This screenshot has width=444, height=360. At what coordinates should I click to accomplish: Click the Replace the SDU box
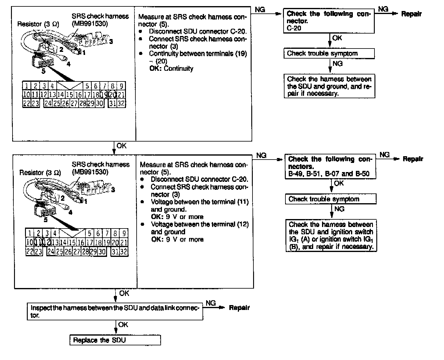click(115, 340)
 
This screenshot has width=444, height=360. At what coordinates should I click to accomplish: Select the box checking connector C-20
click(329, 21)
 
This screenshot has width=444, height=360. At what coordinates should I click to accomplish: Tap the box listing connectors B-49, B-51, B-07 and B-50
click(330, 167)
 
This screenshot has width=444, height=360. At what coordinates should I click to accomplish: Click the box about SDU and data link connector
click(115, 311)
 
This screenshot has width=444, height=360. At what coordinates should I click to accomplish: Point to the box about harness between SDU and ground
click(329, 86)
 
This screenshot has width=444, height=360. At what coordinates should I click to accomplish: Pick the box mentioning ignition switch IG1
click(331, 235)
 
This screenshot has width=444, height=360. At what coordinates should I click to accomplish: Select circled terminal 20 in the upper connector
click(113, 94)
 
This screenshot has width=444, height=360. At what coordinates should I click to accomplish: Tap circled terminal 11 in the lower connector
click(38, 243)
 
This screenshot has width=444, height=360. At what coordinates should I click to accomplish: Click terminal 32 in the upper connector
click(121, 103)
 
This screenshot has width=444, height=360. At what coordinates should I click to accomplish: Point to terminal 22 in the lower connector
click(30, 252)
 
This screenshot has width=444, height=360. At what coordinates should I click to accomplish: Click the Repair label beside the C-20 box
click(411, 14)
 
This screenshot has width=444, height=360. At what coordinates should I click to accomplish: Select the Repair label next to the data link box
click(239, 308)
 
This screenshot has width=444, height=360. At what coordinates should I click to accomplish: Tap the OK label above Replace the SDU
click(123, 325)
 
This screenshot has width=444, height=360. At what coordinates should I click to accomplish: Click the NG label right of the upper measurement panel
click(260, 10)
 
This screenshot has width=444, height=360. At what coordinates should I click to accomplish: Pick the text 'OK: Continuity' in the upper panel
click(171, 68)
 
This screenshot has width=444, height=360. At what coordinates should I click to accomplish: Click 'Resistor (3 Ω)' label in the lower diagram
click(40, 173)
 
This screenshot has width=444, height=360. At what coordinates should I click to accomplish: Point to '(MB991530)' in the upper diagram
click(90, 24)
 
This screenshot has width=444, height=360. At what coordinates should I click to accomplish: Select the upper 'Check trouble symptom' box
click(329, 54)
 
